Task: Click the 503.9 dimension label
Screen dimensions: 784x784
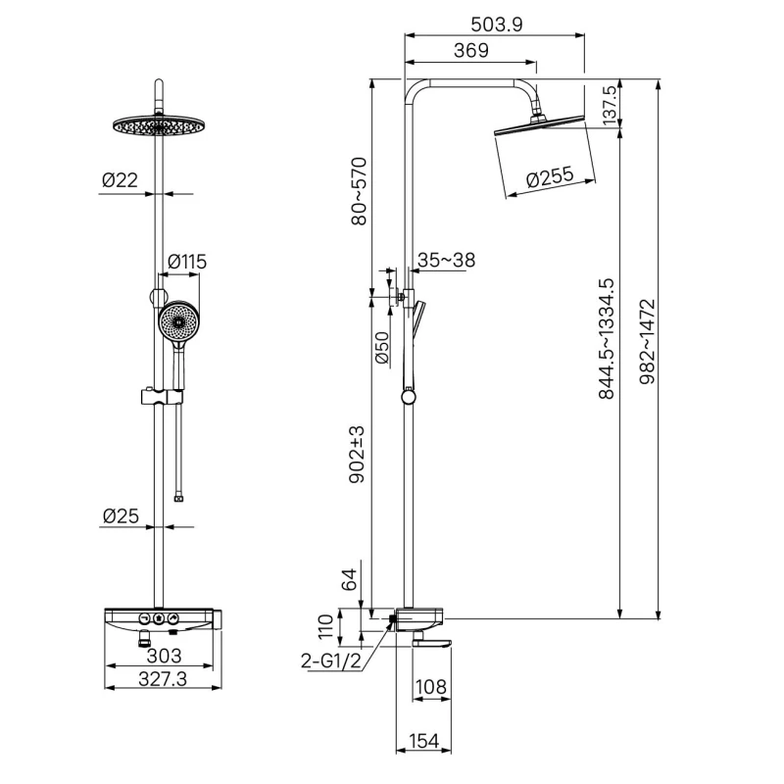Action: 496,24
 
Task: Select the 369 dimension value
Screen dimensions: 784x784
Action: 471,50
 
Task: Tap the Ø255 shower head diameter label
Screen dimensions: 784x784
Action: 550,177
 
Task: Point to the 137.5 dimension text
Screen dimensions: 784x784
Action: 610,105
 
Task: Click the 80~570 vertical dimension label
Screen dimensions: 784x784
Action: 359,191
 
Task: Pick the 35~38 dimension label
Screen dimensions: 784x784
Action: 446,260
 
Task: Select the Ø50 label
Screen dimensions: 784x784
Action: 381,348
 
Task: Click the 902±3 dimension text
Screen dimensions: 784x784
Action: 357,455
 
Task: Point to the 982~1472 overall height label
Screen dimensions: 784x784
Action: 647,341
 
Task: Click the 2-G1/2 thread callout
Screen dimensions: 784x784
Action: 331,661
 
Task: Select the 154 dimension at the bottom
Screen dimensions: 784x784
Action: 423,741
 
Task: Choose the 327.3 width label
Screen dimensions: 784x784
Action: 163,679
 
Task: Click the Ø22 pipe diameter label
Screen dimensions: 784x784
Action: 120,180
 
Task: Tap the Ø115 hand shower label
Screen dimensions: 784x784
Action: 187,262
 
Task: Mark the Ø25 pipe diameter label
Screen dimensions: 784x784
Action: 121,516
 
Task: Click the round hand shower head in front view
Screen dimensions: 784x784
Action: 177,321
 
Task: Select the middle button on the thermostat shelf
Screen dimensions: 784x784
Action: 159,618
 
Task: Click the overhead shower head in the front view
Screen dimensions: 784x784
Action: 159,125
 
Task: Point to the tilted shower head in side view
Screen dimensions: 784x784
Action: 539,125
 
